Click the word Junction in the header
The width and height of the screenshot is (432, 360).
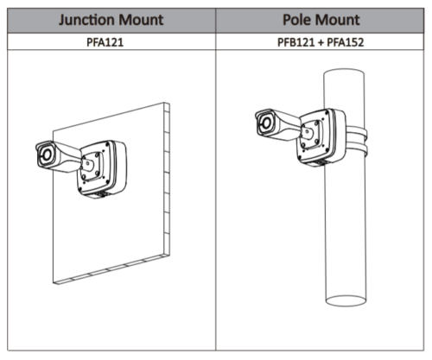pos(87,20)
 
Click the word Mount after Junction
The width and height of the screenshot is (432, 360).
pos(141,20)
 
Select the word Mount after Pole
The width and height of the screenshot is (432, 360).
pos(337,20)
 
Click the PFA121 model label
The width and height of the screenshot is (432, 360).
pos(105,42)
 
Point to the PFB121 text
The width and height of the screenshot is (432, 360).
pos(295,42)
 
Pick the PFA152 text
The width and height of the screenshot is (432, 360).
pos(346,42)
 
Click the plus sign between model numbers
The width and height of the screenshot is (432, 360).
pos(321,42)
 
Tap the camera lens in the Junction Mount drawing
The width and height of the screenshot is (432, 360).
pos(47,155)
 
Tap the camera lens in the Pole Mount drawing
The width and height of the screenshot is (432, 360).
pos(266,123)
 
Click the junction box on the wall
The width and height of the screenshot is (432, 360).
pos(103,168)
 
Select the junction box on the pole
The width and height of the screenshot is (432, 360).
pos(321,136)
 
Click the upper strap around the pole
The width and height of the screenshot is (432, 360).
pos(357,131)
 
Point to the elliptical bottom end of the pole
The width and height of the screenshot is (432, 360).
pos(346,301)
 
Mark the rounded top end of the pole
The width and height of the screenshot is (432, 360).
pos(344,72)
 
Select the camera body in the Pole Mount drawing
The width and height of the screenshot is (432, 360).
pos(277,124)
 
